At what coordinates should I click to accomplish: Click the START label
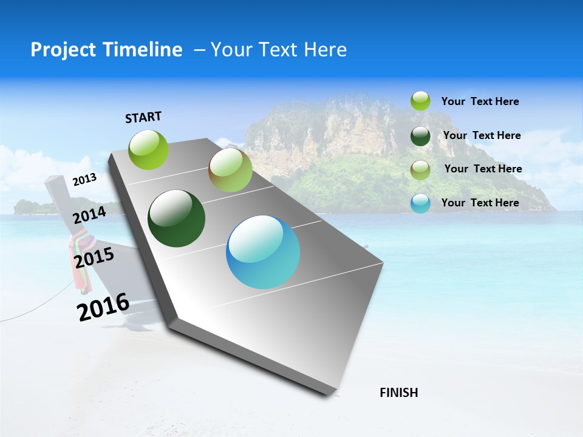point(143,117)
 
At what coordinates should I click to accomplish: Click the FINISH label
point(399,393)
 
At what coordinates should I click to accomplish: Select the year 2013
point(84,179)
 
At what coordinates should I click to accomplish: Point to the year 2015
point(94,258)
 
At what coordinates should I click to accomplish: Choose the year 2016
point(103,307)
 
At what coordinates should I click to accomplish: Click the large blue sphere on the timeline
point(263,252)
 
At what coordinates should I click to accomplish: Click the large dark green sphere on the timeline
point(176,218)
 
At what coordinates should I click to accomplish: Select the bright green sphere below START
point(149,149)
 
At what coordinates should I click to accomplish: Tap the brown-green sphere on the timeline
point(230,170)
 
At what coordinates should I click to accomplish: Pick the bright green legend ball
point(420,101)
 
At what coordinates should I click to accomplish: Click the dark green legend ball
point(420,136)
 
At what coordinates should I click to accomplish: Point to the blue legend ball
point(420,203)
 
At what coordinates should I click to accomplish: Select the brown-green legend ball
point(420,170)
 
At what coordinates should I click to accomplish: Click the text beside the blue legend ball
point(480,203)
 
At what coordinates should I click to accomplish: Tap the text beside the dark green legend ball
point(482,135)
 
